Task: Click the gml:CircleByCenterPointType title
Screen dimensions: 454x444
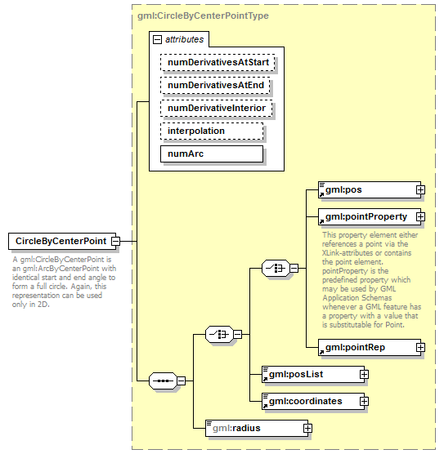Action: [203, 16]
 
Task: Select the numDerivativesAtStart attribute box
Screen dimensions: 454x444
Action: [218, 62]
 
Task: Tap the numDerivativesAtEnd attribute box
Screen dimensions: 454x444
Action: [215, 85]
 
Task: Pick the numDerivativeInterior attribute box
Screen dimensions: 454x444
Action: [217, 108]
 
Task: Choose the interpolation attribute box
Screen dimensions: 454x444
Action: [212, 131]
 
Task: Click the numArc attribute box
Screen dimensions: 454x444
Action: [212, 154]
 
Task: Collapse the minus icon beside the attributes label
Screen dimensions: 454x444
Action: [157, 38]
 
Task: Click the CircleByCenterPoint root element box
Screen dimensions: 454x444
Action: [60, 241]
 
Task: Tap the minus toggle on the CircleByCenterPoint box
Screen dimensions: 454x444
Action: [116, 241]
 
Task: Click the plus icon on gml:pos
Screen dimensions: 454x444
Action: [420, 190]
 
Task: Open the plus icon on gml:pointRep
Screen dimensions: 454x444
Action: [420, 347]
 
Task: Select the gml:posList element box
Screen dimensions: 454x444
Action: [310, 374]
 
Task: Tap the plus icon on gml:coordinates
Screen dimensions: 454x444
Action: [365, 401]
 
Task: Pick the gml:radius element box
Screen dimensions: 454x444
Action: [253, 427]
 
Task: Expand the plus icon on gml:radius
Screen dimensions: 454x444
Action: [307, 427]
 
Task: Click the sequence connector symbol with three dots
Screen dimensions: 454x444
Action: [163, 381]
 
